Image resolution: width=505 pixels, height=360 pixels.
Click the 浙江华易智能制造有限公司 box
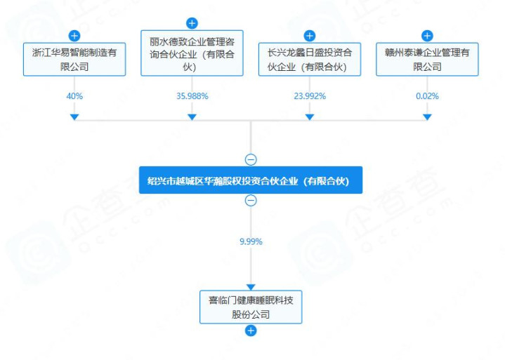(74, 59)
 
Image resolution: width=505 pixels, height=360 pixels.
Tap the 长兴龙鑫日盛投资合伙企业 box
(310, 59)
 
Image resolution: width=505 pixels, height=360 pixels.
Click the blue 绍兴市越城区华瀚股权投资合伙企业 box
(251, 180)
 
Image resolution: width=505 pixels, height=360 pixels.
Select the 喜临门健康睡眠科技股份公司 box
(251, 307)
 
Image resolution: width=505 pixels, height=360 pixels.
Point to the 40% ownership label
(74, 95)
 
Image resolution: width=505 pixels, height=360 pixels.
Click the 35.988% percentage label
(192, 95)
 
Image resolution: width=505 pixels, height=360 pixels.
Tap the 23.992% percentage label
(310, 95)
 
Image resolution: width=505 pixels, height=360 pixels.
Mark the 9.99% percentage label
(251, 241)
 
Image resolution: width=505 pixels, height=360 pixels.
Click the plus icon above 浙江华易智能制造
(74, 35)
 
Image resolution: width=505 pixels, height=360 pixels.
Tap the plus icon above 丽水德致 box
(192, 23)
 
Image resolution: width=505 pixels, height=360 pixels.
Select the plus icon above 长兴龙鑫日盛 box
(310, 35)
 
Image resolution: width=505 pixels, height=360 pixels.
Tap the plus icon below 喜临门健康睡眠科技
(251, 331)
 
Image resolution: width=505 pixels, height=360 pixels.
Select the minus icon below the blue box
(251, 201)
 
